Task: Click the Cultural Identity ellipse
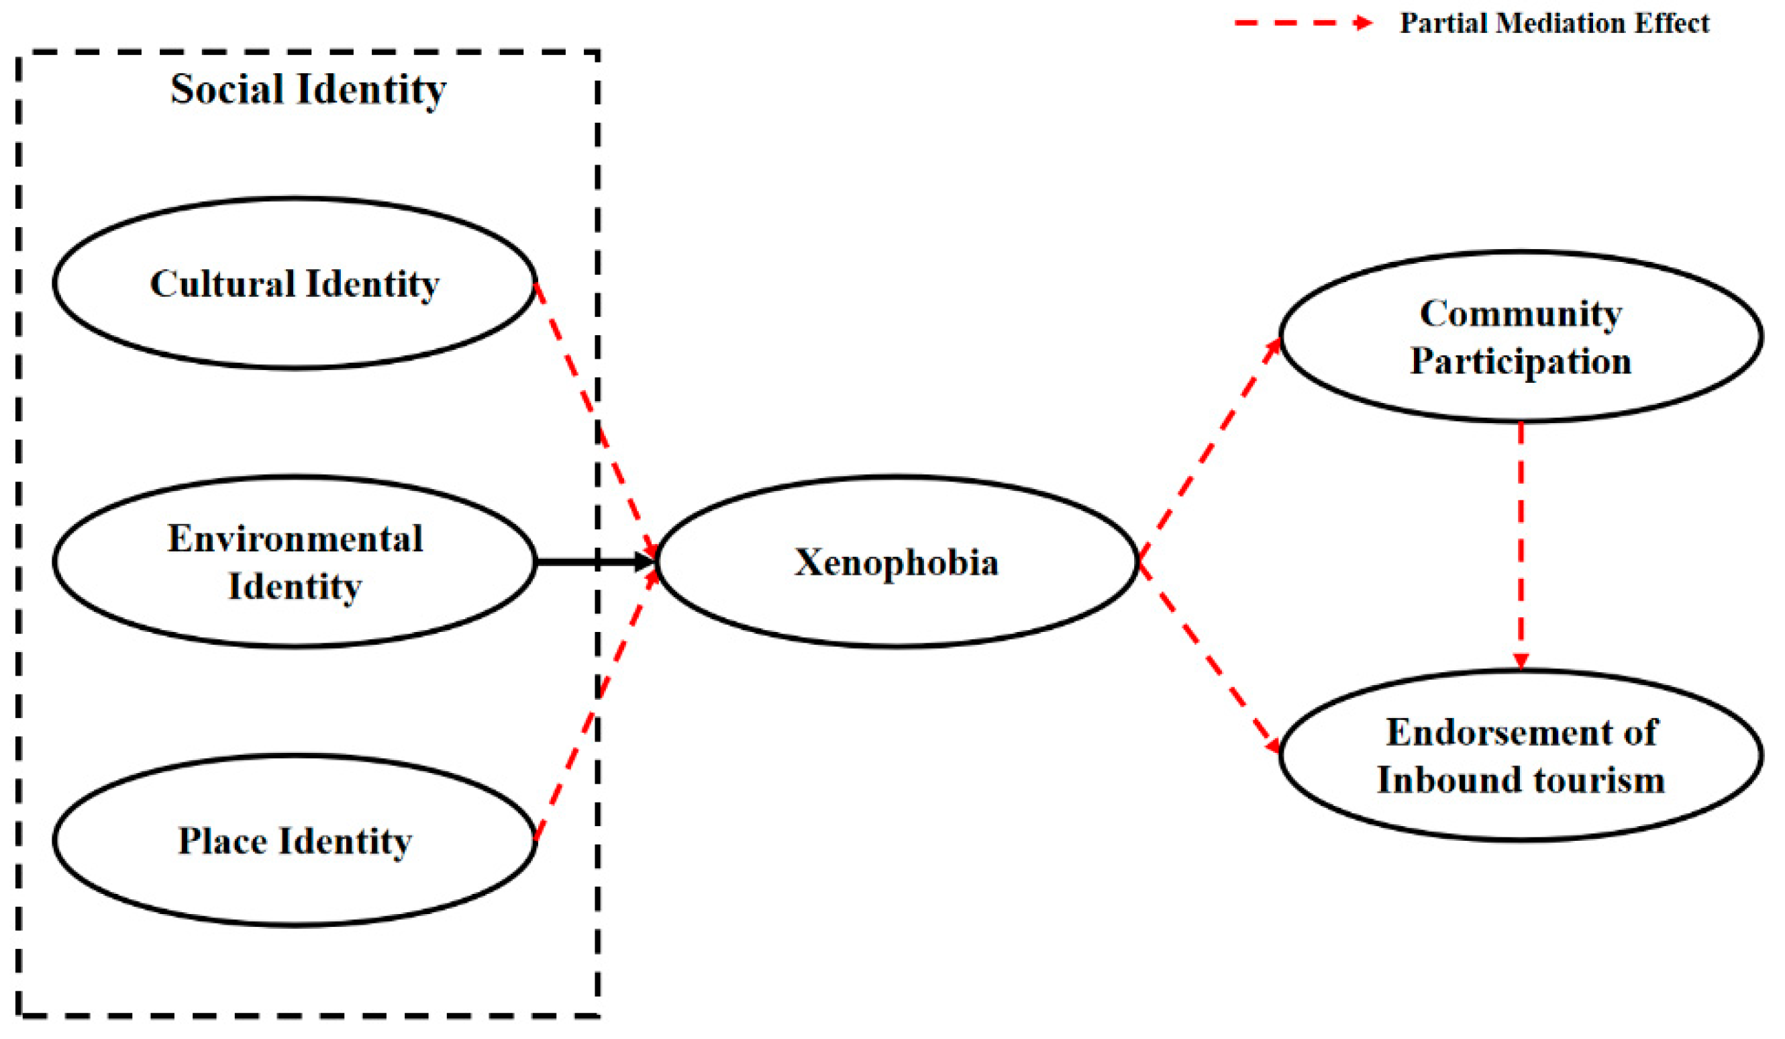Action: click(294, 283)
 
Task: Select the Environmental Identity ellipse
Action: click(294, 561)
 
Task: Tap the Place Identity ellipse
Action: click(294, 841)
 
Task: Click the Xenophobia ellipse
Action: click(896, 561)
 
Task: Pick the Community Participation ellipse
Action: click(1520, 336)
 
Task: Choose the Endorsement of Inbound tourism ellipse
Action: click(1520, 756)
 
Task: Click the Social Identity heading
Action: click(308, 89)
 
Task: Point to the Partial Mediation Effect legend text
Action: click(1554, 24)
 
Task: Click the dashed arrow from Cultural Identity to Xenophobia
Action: click(595, 418)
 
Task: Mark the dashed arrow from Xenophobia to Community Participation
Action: click(1208, 450)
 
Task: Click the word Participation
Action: click(1520, 361)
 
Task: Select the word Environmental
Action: click(295, 539)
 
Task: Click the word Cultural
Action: click(222, 283)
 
